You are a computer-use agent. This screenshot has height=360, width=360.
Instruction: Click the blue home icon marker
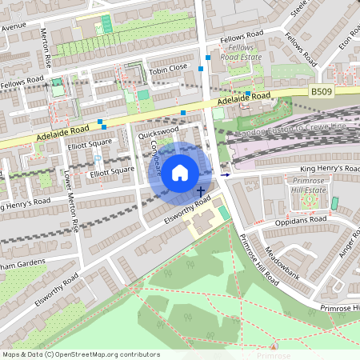[x=180, y=172]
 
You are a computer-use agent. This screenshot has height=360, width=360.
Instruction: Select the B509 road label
[x=322, y=92]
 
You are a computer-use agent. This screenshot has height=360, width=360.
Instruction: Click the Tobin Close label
[x=168, y=68]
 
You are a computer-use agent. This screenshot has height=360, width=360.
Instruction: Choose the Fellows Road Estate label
[x=240, y=54]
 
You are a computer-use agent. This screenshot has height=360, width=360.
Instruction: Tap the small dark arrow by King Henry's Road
[x=225, y=174]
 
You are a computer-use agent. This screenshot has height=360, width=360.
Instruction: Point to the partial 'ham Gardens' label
[x=24, y=263]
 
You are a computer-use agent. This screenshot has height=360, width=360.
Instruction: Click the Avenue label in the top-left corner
[x=14, y=26]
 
